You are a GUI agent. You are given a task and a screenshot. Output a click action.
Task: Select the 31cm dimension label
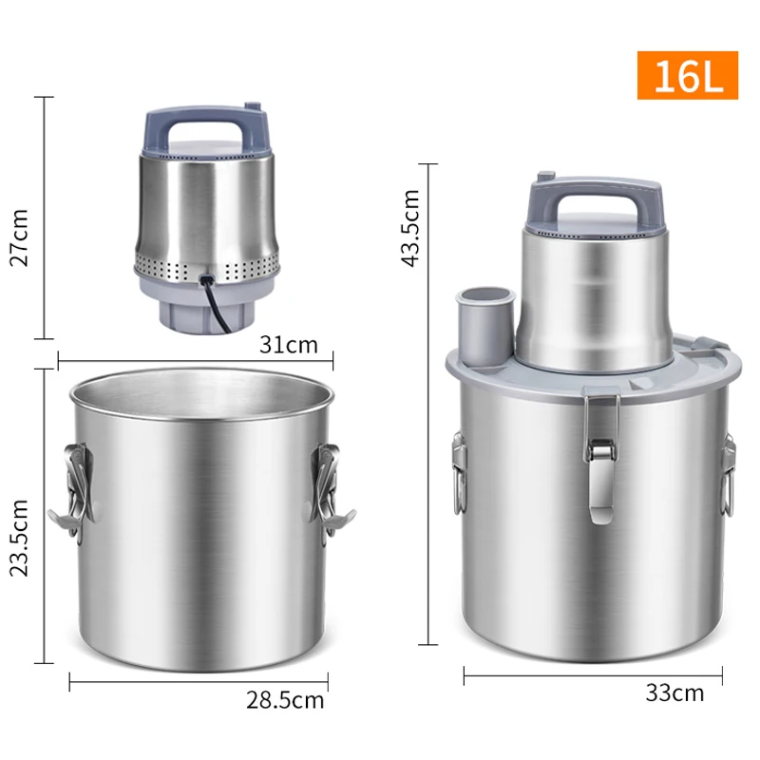tap(288, 344)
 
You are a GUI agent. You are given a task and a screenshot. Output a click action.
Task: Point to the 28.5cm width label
tap(285, 701)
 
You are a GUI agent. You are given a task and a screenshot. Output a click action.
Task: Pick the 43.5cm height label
tap(409, 228)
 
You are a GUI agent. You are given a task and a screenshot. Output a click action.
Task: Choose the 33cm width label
tap(674, 693)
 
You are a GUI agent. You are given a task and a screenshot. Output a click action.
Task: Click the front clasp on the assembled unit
tap(598, 456)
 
